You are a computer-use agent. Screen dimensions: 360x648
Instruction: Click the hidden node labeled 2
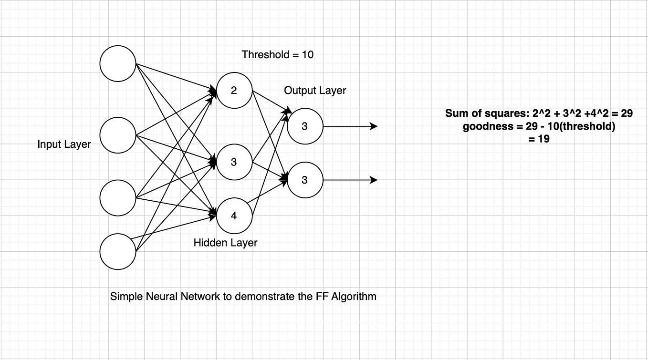click(x=234, y=91)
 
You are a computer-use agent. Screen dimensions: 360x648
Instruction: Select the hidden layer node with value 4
click(x=234, y=216)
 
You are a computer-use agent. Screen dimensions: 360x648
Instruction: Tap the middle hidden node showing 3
click(x=234, y=162)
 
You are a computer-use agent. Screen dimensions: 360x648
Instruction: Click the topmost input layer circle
click(x=118, y=63)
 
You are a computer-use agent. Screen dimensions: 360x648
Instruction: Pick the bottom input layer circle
click(x=118, y=251)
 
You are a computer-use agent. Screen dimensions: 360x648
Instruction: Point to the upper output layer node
click(x=305, y=126)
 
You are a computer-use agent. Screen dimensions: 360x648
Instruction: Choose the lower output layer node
click(x=305, y=180)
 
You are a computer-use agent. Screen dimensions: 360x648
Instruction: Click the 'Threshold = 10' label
click(x=278, y=55)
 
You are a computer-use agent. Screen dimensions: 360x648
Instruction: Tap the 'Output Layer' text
click(x=315, y=91)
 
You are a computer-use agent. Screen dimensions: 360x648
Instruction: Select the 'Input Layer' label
click(x=64, y=144)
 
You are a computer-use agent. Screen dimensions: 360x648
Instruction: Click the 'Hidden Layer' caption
click(x=225, y=243)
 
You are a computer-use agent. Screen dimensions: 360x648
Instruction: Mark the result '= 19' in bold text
click(x=539, y=139)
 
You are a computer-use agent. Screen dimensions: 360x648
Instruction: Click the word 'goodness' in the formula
click(x=484, y=127)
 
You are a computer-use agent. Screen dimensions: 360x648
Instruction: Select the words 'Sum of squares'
click(x=479, y=113)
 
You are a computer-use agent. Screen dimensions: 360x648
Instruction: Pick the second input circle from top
click(x=118, y=135)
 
